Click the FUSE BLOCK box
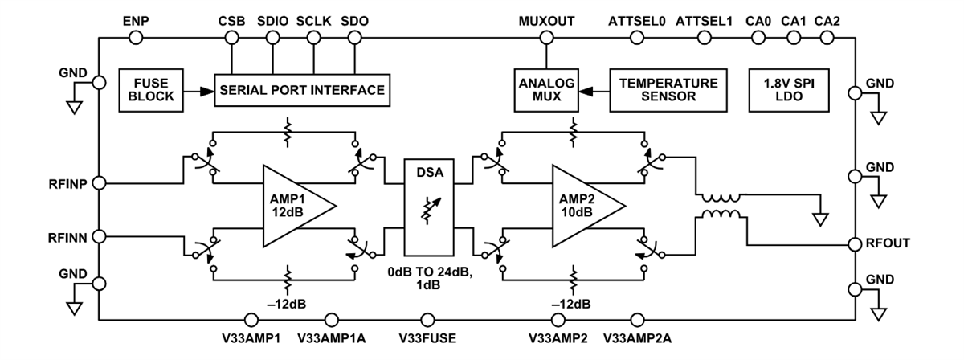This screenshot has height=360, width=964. [x=149, y=88]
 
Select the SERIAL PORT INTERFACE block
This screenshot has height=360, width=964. [x=302, y=88]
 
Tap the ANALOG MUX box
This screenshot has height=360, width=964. [x=545, y=88]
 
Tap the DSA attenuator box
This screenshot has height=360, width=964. [x=431, y=207]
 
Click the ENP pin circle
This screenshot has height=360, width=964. [x=136, y=37]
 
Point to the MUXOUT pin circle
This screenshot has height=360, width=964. [x=545, y=37]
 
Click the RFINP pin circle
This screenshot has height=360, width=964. [x=98, y=183]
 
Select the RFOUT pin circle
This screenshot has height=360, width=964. [x=856, y=243]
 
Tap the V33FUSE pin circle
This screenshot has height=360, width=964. [x=429, y=319]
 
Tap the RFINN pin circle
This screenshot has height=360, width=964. [x=98, y=236]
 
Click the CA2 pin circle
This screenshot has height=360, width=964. [x=827, y=37]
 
